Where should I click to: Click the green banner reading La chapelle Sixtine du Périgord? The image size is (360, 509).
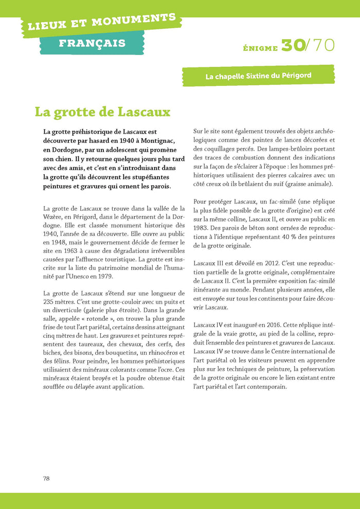258,76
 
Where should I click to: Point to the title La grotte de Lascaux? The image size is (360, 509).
102,112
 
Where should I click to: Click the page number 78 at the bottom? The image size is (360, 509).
46,478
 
